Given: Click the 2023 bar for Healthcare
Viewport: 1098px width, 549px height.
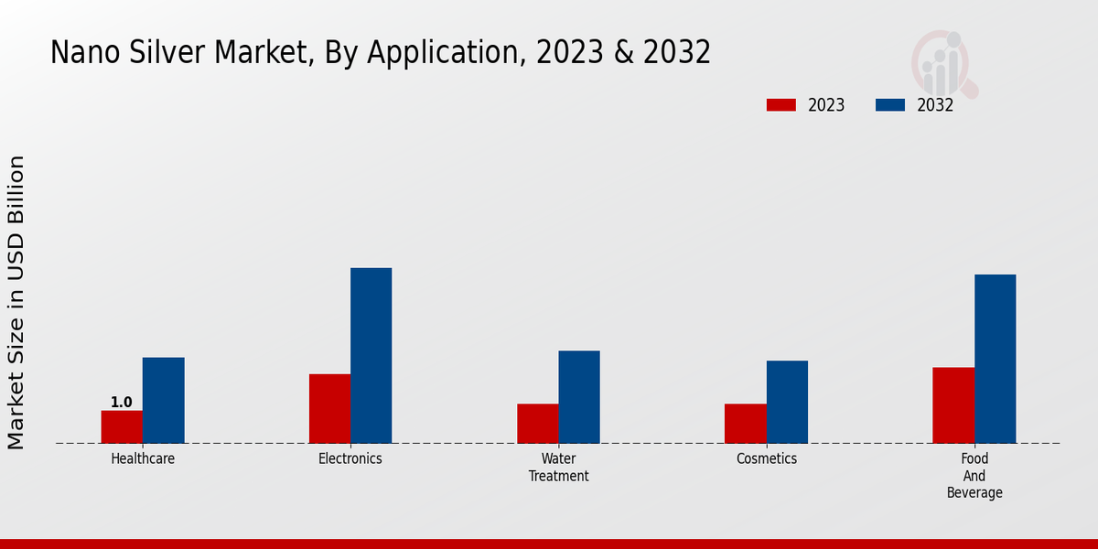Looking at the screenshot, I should coord(122,427).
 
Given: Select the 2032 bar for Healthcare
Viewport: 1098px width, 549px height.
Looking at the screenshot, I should coord(163,401).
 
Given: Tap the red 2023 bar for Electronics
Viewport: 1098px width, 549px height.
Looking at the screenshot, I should coord(329,409).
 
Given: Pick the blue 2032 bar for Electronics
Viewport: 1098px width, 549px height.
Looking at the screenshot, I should coord(371,356).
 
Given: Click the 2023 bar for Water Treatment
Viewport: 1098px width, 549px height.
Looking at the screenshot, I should coord(537,424).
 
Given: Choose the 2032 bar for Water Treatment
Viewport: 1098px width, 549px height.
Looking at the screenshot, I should coord(579,397).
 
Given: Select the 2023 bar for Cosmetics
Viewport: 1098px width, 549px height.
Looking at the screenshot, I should coord(745,424).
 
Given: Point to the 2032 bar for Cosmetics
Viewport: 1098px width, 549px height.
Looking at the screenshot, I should coord(787,403).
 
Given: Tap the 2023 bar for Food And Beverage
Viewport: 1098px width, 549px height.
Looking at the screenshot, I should coord(953,405).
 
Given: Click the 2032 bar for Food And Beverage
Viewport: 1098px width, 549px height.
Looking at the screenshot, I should coord(995,359).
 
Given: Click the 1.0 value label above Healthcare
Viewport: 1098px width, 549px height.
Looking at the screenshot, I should coord(122,403).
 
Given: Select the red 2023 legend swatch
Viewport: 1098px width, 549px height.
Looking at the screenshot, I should coord(780,105).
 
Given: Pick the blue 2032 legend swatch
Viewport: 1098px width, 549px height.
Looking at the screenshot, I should coord(889,105).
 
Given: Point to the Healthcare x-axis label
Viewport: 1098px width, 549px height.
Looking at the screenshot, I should coord(143,459).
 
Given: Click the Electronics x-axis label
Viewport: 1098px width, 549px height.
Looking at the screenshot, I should coord(350,459).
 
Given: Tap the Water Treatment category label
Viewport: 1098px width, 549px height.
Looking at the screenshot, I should coord(558,468).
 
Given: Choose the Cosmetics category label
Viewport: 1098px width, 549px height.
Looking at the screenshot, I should coord(767,459).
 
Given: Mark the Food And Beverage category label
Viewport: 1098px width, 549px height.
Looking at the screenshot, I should coord(974,476).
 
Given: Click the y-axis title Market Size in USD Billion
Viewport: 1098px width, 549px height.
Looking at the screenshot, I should coord(16,302).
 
